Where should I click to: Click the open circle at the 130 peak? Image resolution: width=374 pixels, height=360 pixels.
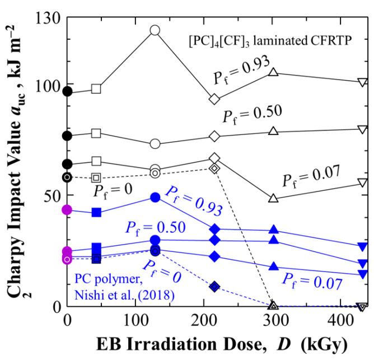pyautogui.click(x=155, y=30)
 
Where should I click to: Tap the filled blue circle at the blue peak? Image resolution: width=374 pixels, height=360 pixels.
pyautogui.click(x=155, y=197)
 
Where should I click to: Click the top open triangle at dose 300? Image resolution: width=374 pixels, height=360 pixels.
pyautogui.click(x=274, y=72)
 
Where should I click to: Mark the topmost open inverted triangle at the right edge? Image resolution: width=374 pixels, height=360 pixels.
pyautogui.click(x=362, y=82)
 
